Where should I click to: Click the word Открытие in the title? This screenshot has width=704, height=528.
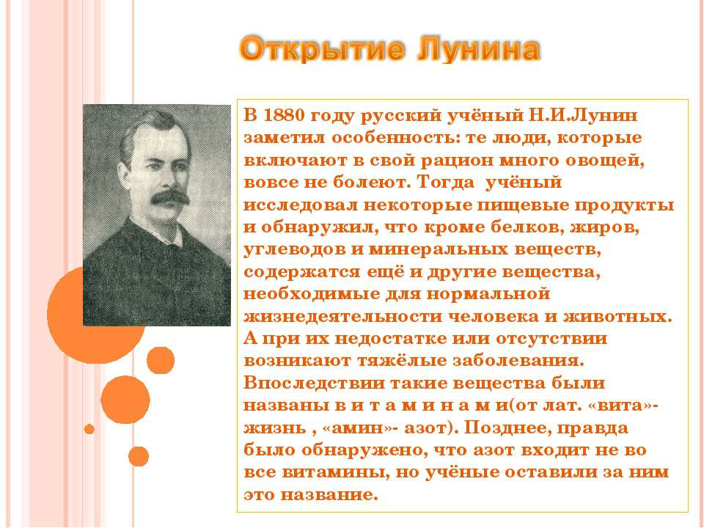[323, 52]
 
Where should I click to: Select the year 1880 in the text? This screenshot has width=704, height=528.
[282, 116]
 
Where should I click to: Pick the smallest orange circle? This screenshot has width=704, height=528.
[89, 429]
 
